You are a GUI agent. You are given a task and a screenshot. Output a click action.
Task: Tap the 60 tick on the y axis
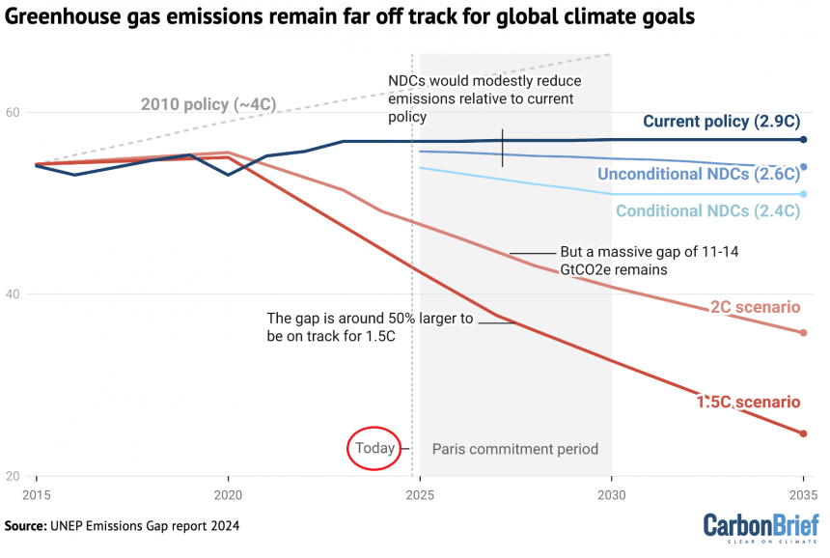pyautogui.click(x=14, y=112)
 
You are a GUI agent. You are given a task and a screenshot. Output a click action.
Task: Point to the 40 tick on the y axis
pyautogui.click(x=14, y=294)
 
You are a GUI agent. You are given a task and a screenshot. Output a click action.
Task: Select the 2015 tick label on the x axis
pyautogui.click(x=37, y=493)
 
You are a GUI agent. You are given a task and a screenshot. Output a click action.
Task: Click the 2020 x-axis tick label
pyautogui.click(x=228, y=493)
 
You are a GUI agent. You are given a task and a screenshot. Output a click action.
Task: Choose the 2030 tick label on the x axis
pyautogui.click(x=611, y=493)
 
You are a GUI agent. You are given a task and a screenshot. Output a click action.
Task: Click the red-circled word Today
pyautogui.click(x=374, y=448)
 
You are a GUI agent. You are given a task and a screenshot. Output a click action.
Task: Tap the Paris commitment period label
pyautogui.click(x=514, y=449)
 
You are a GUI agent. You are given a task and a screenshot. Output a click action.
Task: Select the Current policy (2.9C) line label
pyautogui.click(x=721, y=122)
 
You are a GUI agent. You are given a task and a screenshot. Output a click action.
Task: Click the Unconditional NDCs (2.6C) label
pyautogui.click(x=699, y=175)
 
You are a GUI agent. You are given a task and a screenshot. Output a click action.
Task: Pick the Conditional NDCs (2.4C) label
pyautogui.click(x=707, y=210)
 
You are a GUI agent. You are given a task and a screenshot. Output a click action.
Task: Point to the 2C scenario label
pyautogui.click(x=755, y=307)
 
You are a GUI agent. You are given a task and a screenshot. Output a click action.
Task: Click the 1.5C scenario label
pyautogui.click(x=748, y=402)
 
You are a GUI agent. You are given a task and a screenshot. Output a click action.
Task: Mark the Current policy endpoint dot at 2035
pyautogui.click(x=803, y=140)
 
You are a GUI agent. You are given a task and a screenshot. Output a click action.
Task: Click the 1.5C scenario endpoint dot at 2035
pyautogui.click(x=803, y=433)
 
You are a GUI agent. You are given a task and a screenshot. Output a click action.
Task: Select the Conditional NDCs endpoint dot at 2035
pyautogui.click(x=803, y=194)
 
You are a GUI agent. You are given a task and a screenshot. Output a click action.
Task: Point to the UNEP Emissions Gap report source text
pyautogui.click(x=122, y=526)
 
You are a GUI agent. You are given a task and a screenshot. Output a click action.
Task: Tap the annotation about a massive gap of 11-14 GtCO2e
pyautogui.click(x=616, y=261)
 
